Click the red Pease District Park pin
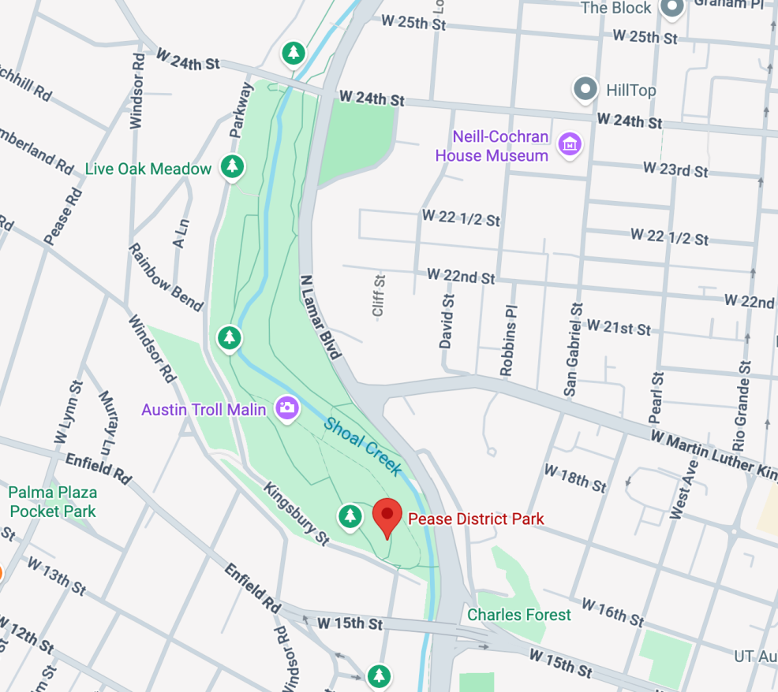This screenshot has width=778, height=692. click(x=387, y=517)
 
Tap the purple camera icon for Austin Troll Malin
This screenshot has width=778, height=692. click(x=286, y=407)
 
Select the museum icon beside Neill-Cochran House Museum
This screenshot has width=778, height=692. click(x=569, y=144)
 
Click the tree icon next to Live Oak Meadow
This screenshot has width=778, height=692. click(x=231, y=166)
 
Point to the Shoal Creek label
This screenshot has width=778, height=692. click(x=363, y=445)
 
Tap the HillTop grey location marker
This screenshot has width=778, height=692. click(x=585, y=89)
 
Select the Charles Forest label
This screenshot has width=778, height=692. click(x=518, y=614)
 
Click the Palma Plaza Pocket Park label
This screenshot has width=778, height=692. click(x=52, y=502)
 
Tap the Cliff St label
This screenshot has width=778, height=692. click(x=378, y=296)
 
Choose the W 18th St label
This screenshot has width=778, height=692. click(x=574, y=477)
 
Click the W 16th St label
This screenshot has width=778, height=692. click(x=613, y=610)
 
